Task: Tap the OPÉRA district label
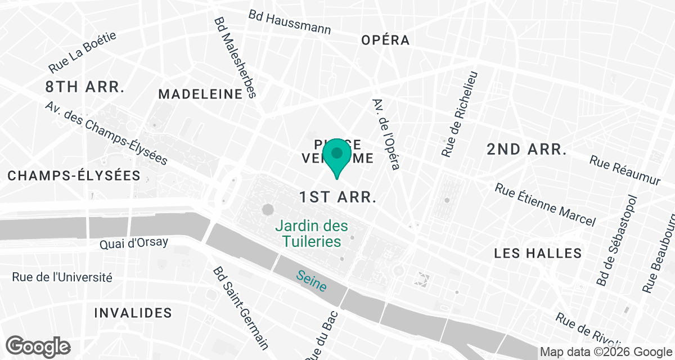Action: coord(385,40)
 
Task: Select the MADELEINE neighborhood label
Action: coord(200,94)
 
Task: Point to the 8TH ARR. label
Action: coord(84,87)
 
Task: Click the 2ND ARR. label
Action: coord(526,149)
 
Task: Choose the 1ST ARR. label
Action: coord(337,197)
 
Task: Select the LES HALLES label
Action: coord(537,254)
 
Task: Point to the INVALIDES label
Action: coord(133,313)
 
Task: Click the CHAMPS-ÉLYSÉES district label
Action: coord(74,175)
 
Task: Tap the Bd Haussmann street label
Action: coord(290,22)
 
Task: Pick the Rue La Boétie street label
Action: coord(82,52)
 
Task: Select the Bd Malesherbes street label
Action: coord(235,56)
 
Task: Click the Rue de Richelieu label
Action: coord(460,114)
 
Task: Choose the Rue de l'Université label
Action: coord(62,277)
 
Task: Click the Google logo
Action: coord(38,346)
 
